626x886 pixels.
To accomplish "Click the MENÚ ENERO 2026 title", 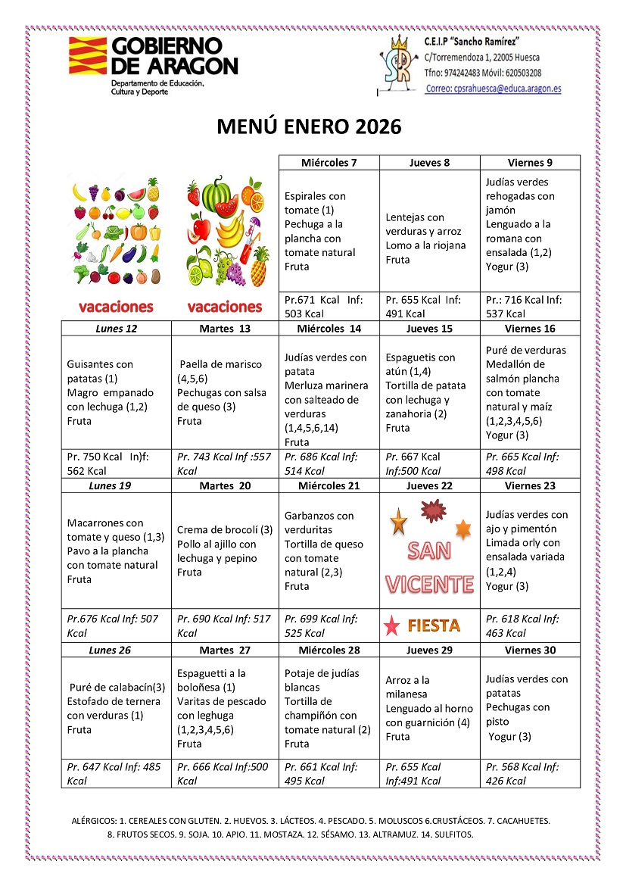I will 309,126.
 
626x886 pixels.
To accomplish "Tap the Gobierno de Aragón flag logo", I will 87,55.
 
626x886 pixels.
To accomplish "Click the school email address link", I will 493,89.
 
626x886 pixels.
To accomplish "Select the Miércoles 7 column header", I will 329,163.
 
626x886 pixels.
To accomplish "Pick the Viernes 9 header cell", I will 530,163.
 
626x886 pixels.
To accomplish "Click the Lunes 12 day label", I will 116,328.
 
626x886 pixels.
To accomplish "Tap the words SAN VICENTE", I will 429,567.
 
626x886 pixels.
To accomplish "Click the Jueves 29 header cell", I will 429,650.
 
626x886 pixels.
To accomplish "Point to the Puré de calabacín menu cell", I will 116,708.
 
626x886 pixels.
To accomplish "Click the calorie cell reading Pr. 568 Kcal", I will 530,774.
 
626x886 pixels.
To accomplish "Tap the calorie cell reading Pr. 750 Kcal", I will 116,463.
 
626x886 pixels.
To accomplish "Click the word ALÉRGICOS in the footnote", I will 94,820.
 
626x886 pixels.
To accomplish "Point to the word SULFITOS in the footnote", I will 450,835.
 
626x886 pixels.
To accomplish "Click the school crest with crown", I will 399,64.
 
